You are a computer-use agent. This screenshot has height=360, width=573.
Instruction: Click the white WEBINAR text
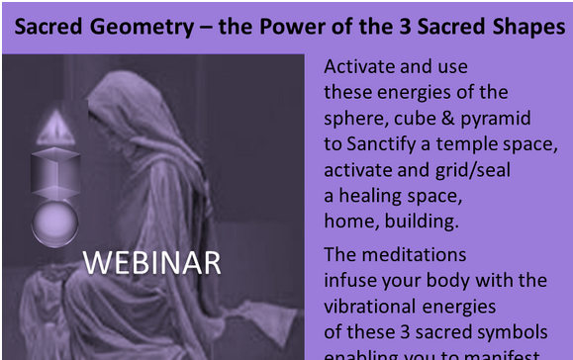coord(151,263)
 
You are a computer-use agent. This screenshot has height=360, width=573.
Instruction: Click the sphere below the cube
coord(53,223)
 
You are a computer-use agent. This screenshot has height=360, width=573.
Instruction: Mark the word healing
coord(375,193)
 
